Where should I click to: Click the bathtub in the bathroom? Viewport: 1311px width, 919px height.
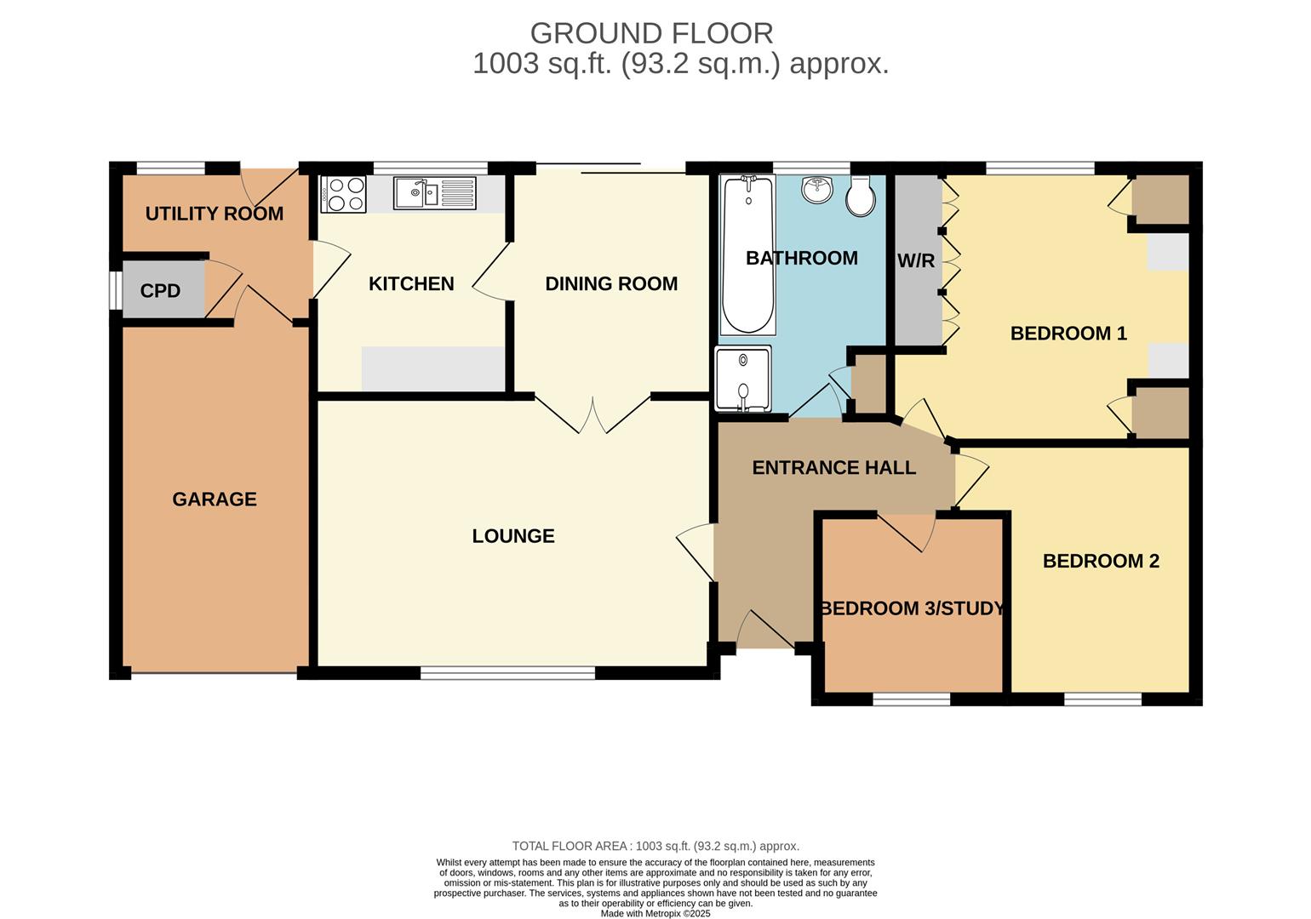point(748,255)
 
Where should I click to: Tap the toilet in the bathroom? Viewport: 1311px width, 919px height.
point(861,196)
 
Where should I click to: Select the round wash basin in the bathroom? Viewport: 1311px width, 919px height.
point(817,189)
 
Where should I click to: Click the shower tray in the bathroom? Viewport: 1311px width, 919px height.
point(742,378)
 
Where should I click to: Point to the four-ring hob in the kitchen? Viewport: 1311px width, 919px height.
point(344,194)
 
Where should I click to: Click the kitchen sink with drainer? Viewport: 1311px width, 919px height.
point(434,194)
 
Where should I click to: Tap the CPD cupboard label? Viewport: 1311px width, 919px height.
point(160,291)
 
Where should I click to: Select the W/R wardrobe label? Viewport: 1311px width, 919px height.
point(916,261)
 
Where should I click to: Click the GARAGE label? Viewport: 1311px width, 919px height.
point(215,499)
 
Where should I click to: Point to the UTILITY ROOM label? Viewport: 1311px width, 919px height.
point(215,214)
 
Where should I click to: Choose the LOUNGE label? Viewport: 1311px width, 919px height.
point(513,536)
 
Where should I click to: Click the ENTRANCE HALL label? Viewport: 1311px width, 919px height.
point(834,467)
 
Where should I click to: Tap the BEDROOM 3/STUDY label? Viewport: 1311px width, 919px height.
point(913,608)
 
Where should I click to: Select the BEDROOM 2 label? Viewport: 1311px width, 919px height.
point(1101,561)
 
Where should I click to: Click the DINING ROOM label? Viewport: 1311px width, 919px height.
point(611,283)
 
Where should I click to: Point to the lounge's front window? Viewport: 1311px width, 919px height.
point(507,673)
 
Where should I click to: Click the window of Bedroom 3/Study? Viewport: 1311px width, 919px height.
point(912,699)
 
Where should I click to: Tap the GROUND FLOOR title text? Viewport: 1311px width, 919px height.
point(651,33)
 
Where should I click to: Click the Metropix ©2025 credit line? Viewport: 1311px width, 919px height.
point(655,914)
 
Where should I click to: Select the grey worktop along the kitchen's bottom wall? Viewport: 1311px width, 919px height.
point(433,368)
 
